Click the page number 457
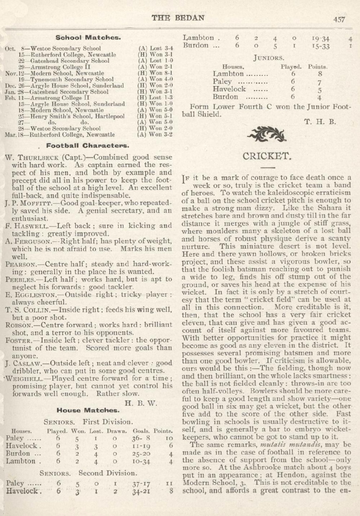point(339,20)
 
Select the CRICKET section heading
point(267,156)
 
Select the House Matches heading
point(88,410)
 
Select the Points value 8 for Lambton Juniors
point(320,74)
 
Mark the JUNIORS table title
point(269,58)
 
